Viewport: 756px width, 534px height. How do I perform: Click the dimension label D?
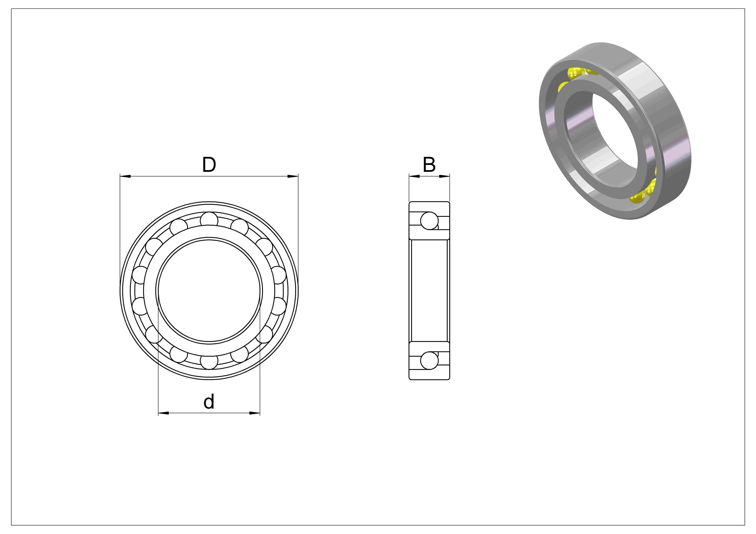coord(209,165)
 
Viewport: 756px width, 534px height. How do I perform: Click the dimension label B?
coord(429,165)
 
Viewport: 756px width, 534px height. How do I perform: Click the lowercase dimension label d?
coord(209,402)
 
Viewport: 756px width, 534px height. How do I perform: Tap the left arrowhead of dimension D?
coord(125,176)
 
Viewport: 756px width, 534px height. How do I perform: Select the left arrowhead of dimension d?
coord(164,413)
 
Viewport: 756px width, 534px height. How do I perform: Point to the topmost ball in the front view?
coord(209,220)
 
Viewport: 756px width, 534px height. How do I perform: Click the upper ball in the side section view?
coord(429,220)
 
